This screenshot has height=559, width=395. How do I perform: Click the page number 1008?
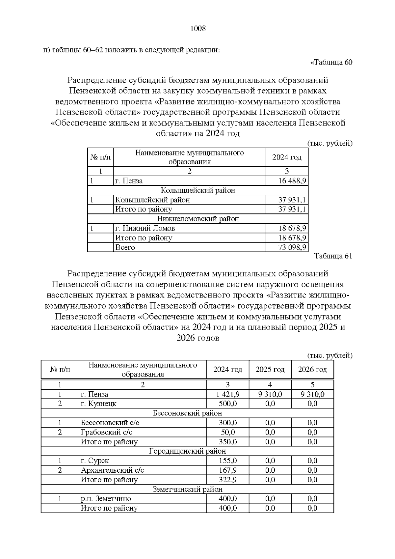coord(198,29)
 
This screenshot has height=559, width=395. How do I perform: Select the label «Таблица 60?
coord(331,63)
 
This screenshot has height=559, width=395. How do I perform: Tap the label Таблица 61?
coord(333,256)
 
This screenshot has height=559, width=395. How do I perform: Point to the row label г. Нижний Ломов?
coord(145,228)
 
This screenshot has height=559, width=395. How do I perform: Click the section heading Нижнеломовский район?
coord(198,219)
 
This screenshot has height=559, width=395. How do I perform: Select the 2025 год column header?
coord(270,370)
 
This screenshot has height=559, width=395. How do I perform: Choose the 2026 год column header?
coord(312,370)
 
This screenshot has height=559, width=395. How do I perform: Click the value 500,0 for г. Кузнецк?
coord(228,404)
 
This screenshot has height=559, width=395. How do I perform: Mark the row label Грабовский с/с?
coord(107,432)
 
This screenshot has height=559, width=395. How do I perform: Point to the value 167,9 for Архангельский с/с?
coord(228,470)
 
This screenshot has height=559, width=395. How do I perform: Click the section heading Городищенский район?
coord(187,451)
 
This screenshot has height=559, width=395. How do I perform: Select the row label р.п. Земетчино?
coord(106,499)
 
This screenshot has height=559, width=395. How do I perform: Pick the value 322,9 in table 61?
coord(228,480)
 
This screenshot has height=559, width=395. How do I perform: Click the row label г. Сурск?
coord(95,461)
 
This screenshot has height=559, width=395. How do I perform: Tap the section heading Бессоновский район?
coord(187,413)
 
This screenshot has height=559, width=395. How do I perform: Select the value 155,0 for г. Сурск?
coord(228,461)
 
